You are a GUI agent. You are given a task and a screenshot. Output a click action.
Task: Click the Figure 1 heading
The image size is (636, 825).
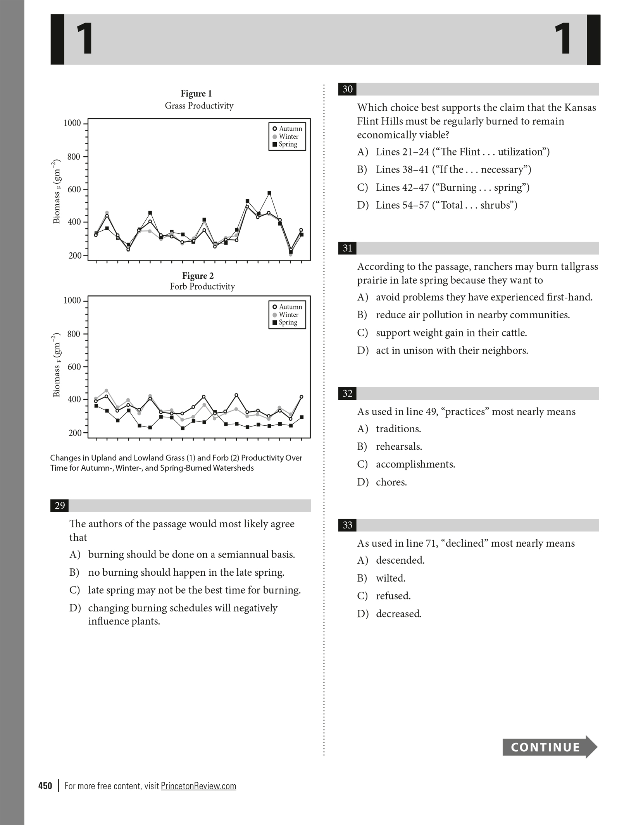[x=196, y=93]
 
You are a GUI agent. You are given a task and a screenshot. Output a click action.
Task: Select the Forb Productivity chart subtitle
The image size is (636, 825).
[x=202, y=287]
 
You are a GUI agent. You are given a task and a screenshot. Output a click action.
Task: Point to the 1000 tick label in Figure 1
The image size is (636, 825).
[x=72, y=123]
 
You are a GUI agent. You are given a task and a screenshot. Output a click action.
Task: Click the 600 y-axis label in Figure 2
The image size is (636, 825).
[x=74, y=367]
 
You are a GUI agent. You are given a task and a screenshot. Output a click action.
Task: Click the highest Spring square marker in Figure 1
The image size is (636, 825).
[x=269, y=193]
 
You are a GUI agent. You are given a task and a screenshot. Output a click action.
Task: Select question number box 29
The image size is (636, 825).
[x=60, y=506]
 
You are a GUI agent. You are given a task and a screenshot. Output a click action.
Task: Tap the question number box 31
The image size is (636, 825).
[x=347, y=248]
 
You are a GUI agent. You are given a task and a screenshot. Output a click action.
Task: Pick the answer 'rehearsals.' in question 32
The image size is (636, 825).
[x=399, y=447]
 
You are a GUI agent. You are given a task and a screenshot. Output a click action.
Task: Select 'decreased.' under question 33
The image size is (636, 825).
[x=398, y=614]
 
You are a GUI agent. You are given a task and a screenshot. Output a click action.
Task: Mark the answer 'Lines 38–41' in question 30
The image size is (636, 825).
[x=453, y=169]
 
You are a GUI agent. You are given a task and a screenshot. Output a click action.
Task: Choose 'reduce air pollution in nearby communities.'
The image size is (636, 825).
[x=472, y=315]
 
